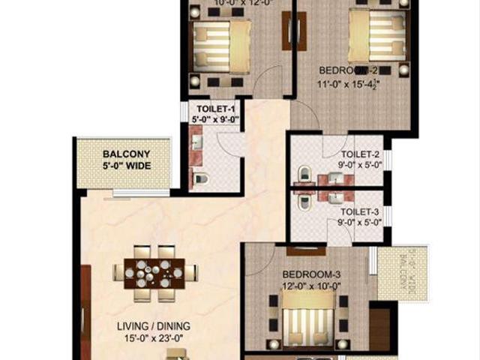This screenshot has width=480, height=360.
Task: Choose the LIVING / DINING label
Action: [x=153, y=326]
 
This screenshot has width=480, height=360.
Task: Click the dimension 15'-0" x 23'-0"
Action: [x=153, y=338]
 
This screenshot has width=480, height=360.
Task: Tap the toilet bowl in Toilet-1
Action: [x=199, y=178]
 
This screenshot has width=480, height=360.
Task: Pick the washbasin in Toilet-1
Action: [x=196, y=142]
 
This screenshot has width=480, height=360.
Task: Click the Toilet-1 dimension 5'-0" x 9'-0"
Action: [x=213, y=118]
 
